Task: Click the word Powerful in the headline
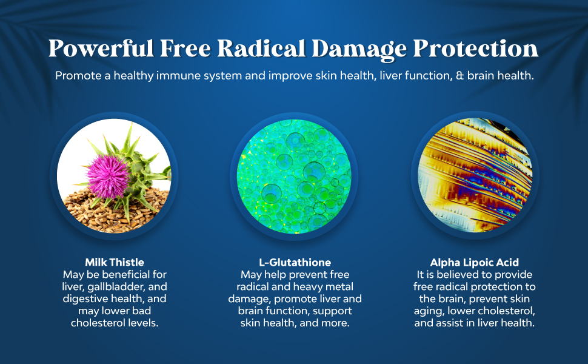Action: pos(101,49)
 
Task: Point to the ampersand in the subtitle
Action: pos(459,76)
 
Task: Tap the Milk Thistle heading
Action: pos(115,262)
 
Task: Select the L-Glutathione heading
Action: pos(295,262)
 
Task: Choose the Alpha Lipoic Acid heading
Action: pos(475,262)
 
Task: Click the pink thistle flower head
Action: pos(108,176)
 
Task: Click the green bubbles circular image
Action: pos(295,176)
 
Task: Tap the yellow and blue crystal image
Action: pos(475,175)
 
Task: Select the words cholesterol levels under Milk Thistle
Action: pos(115,323)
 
